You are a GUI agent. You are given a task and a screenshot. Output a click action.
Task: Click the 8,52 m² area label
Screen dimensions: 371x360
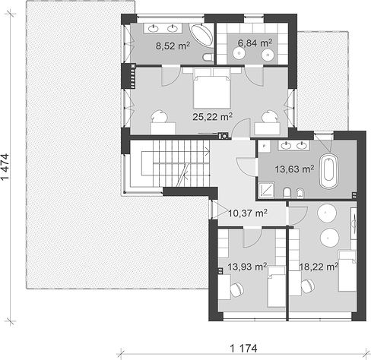click(173, 46)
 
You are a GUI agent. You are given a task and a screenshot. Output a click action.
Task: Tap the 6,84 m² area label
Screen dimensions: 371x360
click(255, 43)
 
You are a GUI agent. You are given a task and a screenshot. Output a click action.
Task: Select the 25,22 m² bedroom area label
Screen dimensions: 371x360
click(212, 117)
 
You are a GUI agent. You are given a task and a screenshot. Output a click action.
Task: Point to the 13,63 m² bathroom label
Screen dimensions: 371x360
click(294, 169)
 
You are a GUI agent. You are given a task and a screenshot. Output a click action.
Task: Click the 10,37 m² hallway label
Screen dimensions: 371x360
click(248, 213)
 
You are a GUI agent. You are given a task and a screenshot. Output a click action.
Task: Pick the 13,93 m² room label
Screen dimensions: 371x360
click(247, 267)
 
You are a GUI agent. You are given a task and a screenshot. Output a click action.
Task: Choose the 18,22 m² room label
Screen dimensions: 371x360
click(319, 267)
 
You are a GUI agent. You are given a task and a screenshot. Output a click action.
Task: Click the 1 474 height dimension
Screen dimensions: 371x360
click(5, 166)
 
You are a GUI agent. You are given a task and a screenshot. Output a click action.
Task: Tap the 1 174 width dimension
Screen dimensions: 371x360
click(243, 349)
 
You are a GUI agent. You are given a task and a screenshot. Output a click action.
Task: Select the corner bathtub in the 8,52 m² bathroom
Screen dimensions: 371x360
click(201, 35)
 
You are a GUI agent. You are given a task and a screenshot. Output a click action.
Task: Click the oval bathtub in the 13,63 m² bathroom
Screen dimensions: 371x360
click(328, 172)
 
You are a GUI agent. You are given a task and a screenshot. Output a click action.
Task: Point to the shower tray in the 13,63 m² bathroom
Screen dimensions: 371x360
click(266, 190)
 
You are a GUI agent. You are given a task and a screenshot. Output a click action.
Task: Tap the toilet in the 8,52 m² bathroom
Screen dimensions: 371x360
click(208, 57)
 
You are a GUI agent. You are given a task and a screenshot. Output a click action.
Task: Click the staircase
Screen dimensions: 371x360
click(170, 163)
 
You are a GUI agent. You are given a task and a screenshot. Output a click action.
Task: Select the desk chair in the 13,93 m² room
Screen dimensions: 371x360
click(237, 289)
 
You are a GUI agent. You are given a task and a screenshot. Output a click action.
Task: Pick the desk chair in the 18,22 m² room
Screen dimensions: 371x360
click(308, 286)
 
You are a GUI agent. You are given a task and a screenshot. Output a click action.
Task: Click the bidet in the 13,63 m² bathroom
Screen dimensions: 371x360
click(300, 193)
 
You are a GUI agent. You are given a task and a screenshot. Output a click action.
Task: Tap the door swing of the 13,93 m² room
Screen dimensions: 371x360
click(252, 238)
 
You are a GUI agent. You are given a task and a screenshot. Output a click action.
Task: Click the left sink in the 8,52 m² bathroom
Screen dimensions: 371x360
click(153, 28)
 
